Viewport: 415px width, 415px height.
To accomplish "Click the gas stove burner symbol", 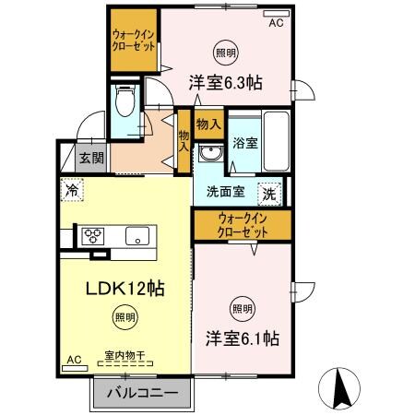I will click(x=95, y=234).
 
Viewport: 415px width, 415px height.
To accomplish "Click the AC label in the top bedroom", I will click(x=275, y=25).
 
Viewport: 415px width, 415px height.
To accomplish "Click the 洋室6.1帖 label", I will click(x=242, y=338).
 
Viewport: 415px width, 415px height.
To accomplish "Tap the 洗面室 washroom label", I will click(x=224, y=194).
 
